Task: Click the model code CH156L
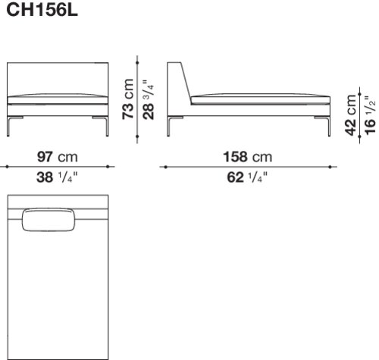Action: coord(42,10)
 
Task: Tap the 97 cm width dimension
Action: coord(58,157)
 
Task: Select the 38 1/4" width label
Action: coord(57,177)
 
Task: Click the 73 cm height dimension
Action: coord(128,99)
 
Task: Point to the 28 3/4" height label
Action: coord(149,100)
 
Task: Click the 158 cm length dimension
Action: coord(248,157)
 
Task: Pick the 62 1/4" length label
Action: coord(247,177)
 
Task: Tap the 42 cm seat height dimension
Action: coord(350,115)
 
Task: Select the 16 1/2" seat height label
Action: coord(370,115)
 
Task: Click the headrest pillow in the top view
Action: coord(49,220)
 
